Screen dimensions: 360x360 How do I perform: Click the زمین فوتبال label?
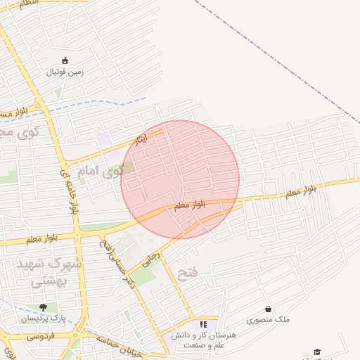point(65,72)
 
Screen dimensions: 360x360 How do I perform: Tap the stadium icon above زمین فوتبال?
point(65,60)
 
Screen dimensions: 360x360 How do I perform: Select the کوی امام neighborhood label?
point(103,170)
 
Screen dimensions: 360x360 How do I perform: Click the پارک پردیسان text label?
point(44,319)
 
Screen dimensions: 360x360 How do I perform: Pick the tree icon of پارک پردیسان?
point(44,307)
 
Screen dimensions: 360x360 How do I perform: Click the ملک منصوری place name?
point(268,320)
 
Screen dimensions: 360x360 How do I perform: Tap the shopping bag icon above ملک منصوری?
point(268,309)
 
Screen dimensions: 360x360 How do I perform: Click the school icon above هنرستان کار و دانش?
point(204,324)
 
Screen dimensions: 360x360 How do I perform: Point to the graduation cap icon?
point(317,352)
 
